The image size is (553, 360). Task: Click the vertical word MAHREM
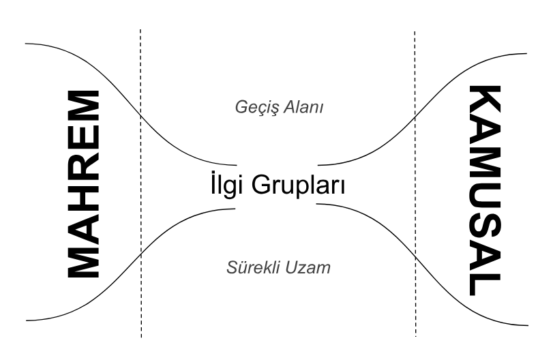click(x=83, y=184)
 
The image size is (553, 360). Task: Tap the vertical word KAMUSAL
click(x=485, y=190)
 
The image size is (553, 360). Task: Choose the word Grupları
click(x=299, y=186)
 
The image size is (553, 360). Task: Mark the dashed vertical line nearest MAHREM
click(x=140, y=183)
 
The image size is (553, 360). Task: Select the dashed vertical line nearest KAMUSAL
click(x=415, y=184)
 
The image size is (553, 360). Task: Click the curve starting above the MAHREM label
click(x=140, y=114)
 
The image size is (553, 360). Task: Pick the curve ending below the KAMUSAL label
click(x=415, y=258)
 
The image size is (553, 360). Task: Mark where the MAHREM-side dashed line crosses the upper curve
click(x=140, y=114)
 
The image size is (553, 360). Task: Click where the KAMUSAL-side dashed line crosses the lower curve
click(x=415, y=258)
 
